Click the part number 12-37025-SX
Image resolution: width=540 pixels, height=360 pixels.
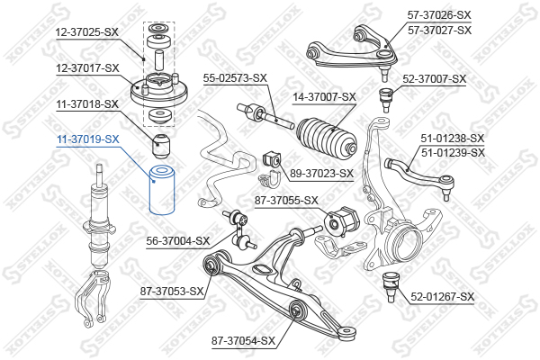click(87, 31)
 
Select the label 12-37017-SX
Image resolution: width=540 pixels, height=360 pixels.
click(87, 67)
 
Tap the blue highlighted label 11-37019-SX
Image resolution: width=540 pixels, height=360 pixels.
click(87, 139)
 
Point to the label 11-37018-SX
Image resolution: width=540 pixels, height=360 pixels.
click(87, 103)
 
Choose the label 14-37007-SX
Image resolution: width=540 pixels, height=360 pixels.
click(325, 96)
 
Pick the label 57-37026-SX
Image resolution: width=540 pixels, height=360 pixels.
click(439, 15)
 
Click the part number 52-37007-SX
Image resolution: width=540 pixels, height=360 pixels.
click(435, 79)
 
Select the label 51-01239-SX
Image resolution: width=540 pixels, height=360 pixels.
click(453, 152)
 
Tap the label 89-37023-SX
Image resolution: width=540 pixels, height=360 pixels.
click(321, 173)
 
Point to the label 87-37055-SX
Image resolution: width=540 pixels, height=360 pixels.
click(287, 200)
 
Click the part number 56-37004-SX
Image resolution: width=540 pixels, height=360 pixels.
click(178, 240)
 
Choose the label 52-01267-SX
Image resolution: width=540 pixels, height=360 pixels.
click(442, 296)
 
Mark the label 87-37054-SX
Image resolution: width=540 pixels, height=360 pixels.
click(243, 340)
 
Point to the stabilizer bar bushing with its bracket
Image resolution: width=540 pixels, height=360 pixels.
click(271, 160)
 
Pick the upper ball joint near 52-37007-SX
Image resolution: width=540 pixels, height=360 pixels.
click(389, 95)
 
